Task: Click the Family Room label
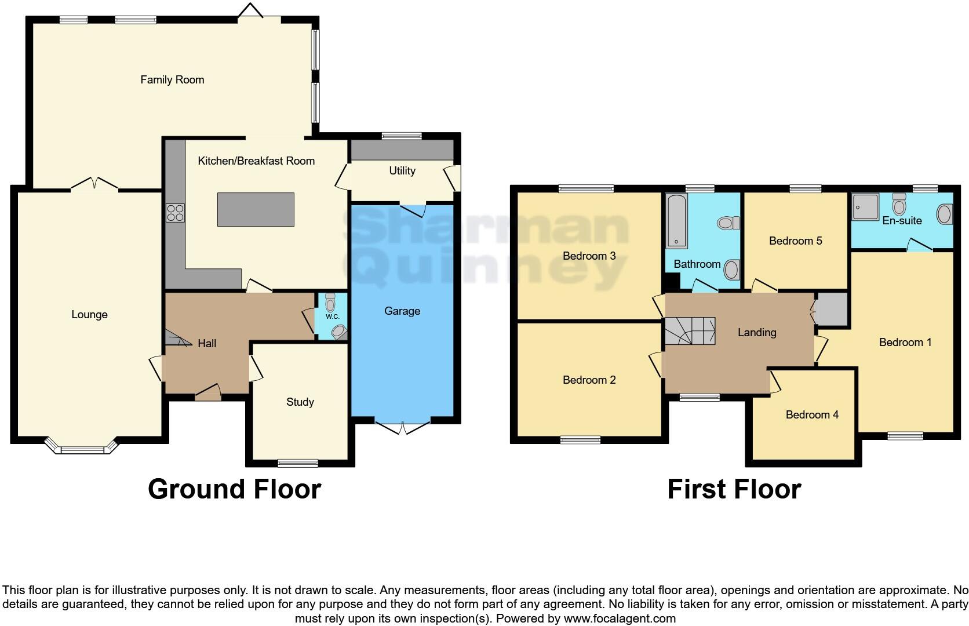click(x=172, y=80)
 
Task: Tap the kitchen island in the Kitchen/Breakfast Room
click(x=256, y=210)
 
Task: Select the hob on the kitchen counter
click(x=175, y=213)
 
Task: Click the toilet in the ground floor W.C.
click(x=330, y=302)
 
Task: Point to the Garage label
click(x=402, y=311)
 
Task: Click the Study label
click(x=300, y=402)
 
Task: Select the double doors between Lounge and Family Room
click(x=94, y=184)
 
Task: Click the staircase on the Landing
click(x=690, y=331)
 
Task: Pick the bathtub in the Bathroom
click(x=676, y=221)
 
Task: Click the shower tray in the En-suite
click(x=865, y=207)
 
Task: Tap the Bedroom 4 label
click(x=812, y=415)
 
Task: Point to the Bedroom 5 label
click(x=795, y=241)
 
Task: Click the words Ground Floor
click(x=234, y=489)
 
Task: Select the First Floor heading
click(x=734, y=489)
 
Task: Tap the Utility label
click(x=402, y=171)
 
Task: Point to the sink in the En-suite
click(x=944, y=214)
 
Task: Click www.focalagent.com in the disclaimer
click(x=619, y=618)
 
